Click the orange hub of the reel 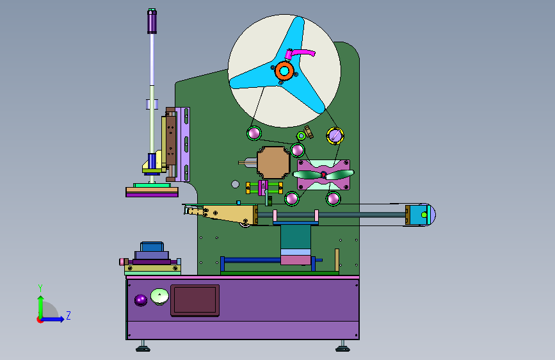pyautogui.click(x=284, y=71)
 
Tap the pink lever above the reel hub pyautogui.click(x=299, y=54)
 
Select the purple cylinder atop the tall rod pyautogui.click(x=152, y=21)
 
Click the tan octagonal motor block pyautogui.click(x=273, y=163)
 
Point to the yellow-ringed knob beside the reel pyautogui.click(x=335, y=136)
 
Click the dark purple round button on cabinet pyautogui.click(x=141, y=300)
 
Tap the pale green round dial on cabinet pyautogui.click(x=159, y=296)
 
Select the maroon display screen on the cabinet pyautogui.click(x=195, y=300)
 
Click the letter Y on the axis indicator pyautogui.click(x=40, y=288)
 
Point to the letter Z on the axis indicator pyautogui.click(x=68, y=315)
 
